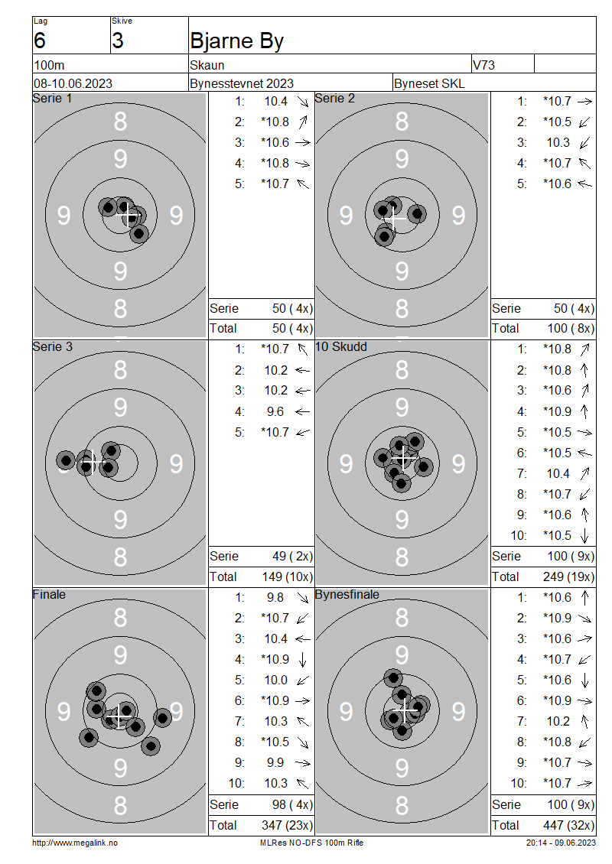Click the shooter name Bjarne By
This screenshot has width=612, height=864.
[236, 41]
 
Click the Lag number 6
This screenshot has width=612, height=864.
[40, 41]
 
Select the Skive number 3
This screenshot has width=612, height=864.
[118, 41]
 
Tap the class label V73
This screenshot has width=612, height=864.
[483, 65]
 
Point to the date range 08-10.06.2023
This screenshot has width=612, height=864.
[73, 83]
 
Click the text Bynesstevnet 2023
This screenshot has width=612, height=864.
[242, 83]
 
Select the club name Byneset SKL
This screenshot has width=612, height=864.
[429, 83]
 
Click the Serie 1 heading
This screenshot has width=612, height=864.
[52, 98]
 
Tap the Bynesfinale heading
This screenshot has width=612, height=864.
[347, 595]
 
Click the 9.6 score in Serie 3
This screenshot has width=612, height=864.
[275, 411]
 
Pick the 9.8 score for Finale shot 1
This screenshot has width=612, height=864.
[275, 597]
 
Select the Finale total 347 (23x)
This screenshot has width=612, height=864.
[287, 825]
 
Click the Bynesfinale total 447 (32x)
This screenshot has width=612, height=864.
[569, 825]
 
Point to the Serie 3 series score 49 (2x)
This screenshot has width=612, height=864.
[293, 556]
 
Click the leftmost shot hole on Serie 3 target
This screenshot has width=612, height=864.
[66, 460]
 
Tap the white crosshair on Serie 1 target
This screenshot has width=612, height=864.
[129, 216]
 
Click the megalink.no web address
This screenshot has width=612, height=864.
[75, 843]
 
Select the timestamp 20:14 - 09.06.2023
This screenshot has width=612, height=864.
[561, 843]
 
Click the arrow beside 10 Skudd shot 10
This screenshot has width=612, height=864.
[585, 535]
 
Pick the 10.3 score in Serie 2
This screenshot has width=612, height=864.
[558, 143]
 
